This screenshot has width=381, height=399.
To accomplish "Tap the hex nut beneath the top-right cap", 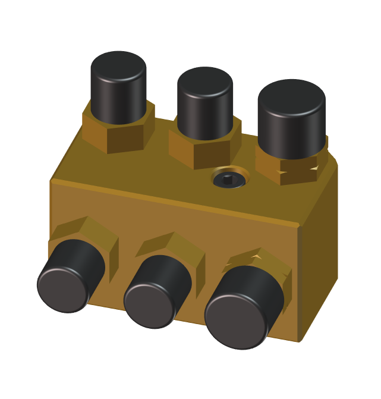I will pos(291,169).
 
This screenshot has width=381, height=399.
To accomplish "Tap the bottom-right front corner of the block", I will pos(299,341).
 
